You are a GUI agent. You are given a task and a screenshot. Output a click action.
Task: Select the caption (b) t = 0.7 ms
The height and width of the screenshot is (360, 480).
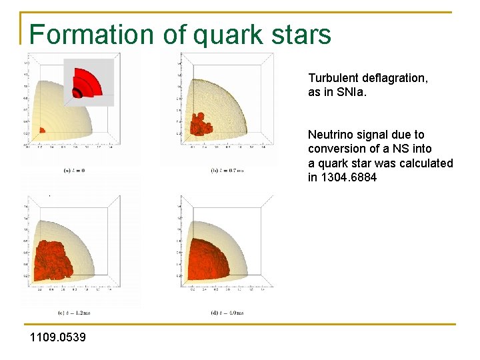pos(227,171)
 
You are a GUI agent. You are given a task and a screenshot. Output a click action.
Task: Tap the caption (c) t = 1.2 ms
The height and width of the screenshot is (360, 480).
pos(74,312)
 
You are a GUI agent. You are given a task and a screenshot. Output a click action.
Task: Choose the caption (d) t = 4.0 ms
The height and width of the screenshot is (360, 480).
pos(227,312)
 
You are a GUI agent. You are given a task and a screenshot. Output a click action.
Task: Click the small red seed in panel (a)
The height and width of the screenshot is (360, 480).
pos(42,130)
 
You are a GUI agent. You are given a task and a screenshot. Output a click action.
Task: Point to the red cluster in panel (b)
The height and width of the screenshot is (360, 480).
pos(199,124)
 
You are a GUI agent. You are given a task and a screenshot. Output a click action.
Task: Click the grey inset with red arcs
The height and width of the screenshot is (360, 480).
pos(88,82)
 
